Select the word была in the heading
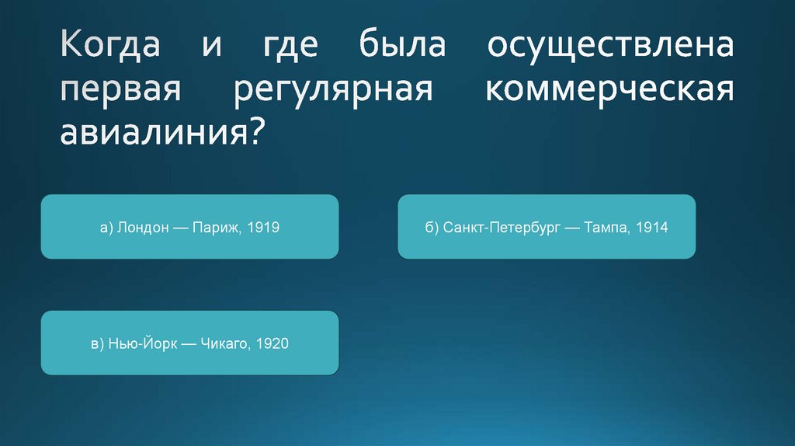tap(401, 44)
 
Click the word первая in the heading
tap(122, 89)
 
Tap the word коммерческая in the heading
tap(609, 89)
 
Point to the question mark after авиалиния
tap(258, 132)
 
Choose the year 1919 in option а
tap(263, 228)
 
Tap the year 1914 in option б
tap(651, 228)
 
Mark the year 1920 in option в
tap(273, 343)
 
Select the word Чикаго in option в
tap(225, 343)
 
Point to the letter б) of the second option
tap(432, 228)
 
